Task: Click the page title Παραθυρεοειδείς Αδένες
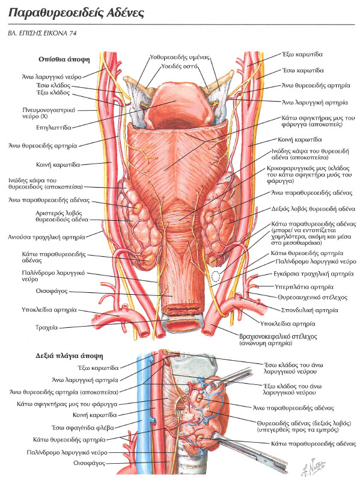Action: pos(76,13)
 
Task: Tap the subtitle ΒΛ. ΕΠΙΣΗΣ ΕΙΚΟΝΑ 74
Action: pos(42,33)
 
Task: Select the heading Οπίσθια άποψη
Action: pos(64,60)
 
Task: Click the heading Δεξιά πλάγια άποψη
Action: pos(69,355)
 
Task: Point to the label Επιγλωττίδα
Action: pos(53,128)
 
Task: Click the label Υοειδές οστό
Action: pos(179,66)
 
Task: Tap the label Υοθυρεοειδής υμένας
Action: pos(180,57)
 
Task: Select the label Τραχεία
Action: pos(46,328)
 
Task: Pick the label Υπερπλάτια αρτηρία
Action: pos(304,287)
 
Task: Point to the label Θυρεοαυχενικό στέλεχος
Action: pos(313,298)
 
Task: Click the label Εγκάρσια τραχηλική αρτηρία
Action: pos(314,274)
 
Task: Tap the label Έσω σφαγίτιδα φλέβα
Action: pos(82,428)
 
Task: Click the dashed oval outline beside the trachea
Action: pos(216,276)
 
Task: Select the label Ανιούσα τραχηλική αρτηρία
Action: pos(46,237)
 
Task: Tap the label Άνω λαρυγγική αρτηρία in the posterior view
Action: pos(315,102)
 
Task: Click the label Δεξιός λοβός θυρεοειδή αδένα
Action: pos(313,209)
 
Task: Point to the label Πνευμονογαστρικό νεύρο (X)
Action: pos(49,113)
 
